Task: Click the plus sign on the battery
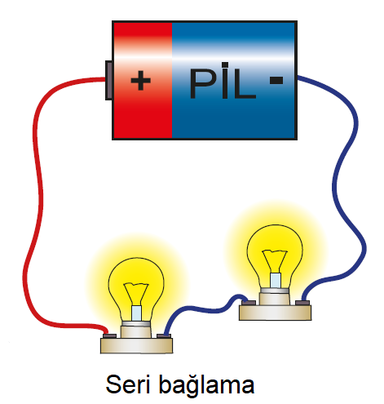click(140, 80)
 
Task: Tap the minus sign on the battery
click(276, 80)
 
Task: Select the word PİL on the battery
click(223, 81)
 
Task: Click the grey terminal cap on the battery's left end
click(108, 80)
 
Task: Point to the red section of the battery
click(143, 80)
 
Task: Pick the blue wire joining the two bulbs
click(204, 309)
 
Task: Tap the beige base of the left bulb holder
click(136, 345)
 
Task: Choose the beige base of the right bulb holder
click(275, 313)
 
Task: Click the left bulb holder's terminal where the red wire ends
click(109, 336)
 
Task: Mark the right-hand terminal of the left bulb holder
click(164, 336)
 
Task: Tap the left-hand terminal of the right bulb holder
click(249, 303)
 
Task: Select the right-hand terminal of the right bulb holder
click(302, 303)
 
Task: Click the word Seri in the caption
click(128, 384)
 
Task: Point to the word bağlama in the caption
click(206, 386)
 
